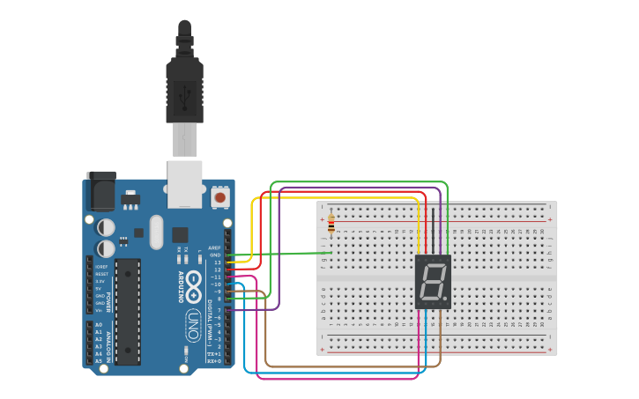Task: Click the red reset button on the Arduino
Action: (219, 196)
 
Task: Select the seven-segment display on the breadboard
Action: (433, 282)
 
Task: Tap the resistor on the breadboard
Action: (331, 225)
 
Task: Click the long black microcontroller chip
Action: (128, 311)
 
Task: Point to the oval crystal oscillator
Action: (156, 233)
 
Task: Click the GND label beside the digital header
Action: (215, 255)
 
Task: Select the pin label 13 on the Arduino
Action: (217, 262)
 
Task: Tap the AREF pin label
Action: (214, 248)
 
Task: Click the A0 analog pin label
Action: (99, 325)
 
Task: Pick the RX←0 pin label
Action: (212, 361)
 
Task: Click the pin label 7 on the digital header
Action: (219, 310)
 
